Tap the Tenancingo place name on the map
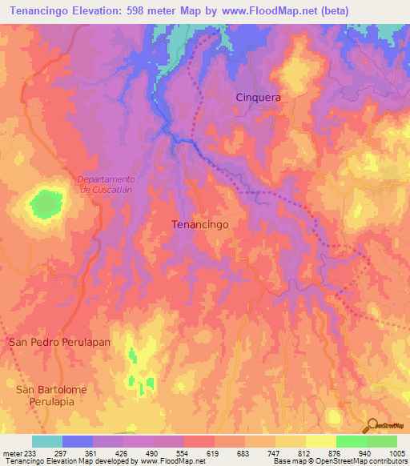(200, 225)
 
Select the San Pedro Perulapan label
(59, 342)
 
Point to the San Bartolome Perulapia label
(51, 395)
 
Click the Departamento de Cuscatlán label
(107, 184)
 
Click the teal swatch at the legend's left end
(46, 441)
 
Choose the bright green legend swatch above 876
(350, 441)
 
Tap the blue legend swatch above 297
(77, 441)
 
